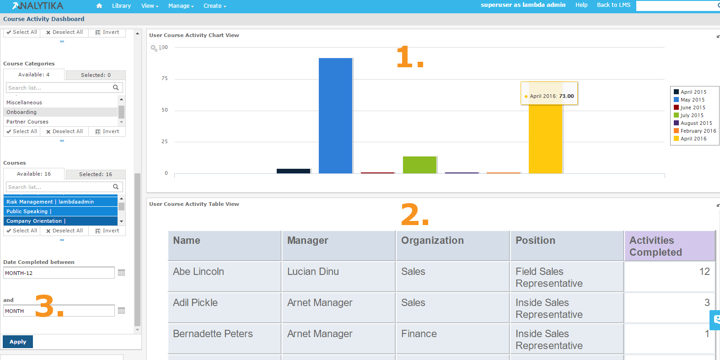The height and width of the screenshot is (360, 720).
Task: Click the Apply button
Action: click(x=18, y=342)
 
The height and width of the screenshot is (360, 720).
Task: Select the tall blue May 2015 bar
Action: click(x=335, y=116)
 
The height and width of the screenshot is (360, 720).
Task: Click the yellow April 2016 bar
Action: click(x=545, y=138)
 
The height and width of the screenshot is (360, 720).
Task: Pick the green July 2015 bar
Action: click(x=419, y=165)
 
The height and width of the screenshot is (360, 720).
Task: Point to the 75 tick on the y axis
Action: click(x=165, y=78)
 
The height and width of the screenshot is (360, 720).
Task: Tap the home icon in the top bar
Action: click(x=99, y=6)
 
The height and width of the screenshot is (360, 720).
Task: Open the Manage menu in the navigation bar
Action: click(x=181, y=6)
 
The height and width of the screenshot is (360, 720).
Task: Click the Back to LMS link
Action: click(x=613, y=5)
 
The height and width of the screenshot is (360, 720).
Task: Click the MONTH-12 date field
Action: click(x=59, y=273)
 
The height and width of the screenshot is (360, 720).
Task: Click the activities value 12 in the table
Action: click(x=704, y=272)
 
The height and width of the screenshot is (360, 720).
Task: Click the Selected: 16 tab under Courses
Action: click(x=96, y=174)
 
